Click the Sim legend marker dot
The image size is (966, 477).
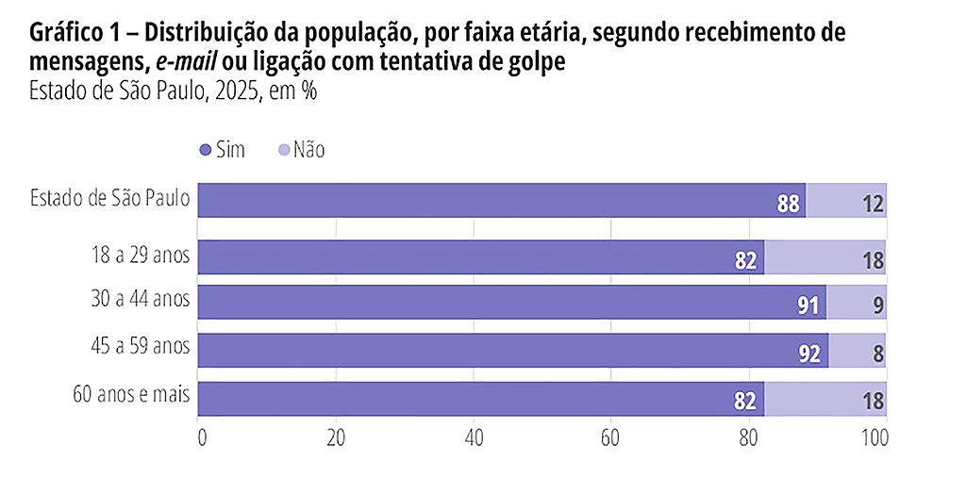205,151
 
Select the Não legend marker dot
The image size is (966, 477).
283,151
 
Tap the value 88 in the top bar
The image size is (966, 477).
789,203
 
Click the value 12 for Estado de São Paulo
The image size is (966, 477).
873,203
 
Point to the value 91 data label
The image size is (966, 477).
808,305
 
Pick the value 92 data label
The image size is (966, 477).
810,353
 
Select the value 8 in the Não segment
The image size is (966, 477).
878,353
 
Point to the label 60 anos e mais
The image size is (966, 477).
131,395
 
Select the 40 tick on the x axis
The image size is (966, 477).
475,438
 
